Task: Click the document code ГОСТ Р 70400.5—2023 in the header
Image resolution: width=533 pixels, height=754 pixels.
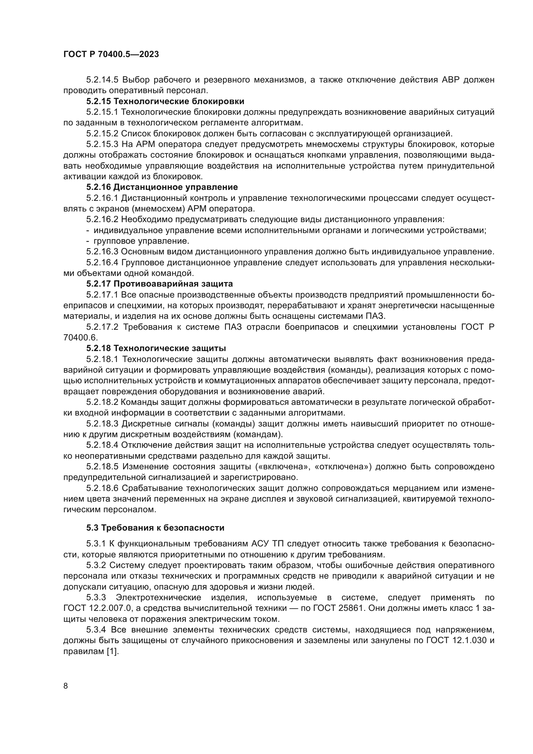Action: point(111,54)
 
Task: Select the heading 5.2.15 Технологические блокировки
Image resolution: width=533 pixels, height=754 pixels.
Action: point(165,101)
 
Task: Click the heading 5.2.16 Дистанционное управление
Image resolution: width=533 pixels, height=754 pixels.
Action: point(162,187)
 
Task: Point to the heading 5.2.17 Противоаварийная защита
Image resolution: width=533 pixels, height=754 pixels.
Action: point(160,284)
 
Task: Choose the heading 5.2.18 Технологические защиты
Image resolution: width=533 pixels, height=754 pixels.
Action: point(156,348)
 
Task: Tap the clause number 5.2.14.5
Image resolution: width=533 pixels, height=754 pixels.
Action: point(102,80)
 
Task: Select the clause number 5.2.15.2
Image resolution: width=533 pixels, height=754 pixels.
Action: point(102,134)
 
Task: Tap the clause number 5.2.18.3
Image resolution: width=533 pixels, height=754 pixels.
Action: point(102,424)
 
